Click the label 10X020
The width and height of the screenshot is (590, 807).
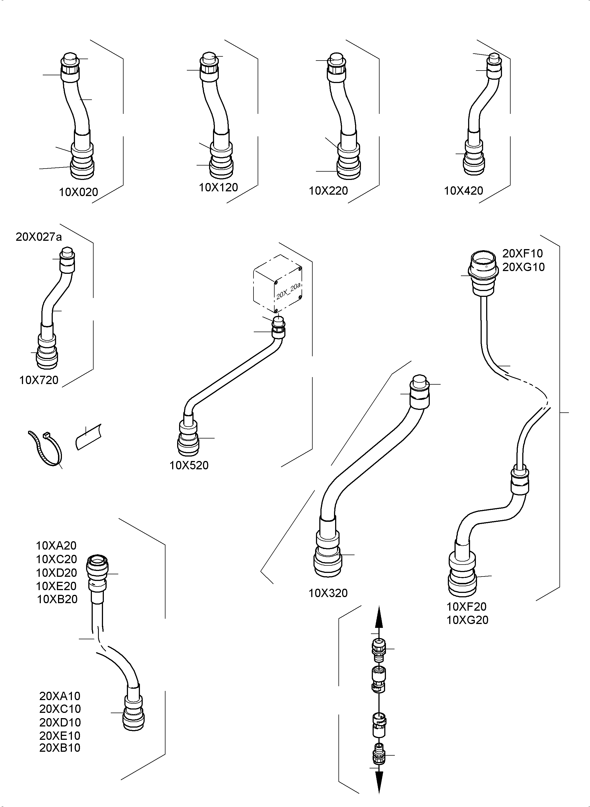tap(78, 192)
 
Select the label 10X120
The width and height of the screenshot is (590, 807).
tap(218, 187)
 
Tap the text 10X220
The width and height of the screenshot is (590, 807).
tap(328, 191)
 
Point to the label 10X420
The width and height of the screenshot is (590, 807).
tap(463, 191)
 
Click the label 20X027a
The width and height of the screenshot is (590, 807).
tap(39, 237)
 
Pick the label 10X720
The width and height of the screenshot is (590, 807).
tap(39, 380)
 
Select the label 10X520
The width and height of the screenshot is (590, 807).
tap(189, 465)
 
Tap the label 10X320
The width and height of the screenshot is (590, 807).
tap(328, 593)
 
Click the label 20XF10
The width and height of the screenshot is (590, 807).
tap(522, 254)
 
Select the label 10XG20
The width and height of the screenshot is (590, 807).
tap(467, 620)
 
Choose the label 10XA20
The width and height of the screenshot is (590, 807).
tap(56, 545)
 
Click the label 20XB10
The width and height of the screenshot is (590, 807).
tap(60, 748)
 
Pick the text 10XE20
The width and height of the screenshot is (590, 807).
tap(56, 586)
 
